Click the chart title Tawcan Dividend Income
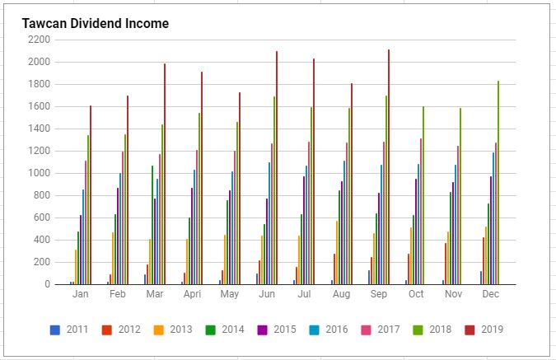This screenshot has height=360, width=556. [96, 24]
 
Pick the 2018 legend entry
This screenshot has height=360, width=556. [432, 330]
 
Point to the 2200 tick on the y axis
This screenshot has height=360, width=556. [39, 40]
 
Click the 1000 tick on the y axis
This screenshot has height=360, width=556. [39, 173]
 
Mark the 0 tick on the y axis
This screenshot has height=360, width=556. [47, 284]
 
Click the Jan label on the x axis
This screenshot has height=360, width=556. [81, 294]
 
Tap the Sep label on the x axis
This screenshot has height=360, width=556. [379, 294]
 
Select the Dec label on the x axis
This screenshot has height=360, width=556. [490, 294]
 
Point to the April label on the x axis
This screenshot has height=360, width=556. [193, 294]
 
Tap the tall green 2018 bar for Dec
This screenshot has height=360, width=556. [498, 182]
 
